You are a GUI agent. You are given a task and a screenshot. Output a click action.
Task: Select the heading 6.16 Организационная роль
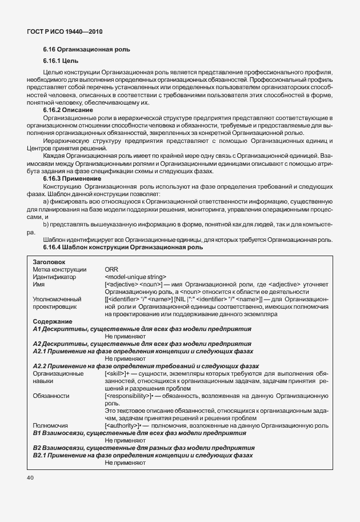click(x=86, y=50)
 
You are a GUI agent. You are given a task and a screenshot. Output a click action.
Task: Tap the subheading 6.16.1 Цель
click(x=61, y=61)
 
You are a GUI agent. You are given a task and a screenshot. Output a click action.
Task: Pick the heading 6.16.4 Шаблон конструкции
click(x=123, y=247)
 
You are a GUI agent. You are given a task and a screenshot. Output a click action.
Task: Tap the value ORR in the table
click(x=111, y=269)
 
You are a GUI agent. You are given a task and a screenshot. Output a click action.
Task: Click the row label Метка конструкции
click(x=59, y=269)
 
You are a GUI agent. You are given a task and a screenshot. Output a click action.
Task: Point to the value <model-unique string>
click(x=135, y=276)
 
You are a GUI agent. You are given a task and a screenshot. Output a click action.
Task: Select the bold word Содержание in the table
click(x=51, y=321)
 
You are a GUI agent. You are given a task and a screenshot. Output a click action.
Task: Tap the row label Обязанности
click(x=51, y=395)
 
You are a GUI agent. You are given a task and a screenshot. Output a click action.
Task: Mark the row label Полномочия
click(x=51, y=425)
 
